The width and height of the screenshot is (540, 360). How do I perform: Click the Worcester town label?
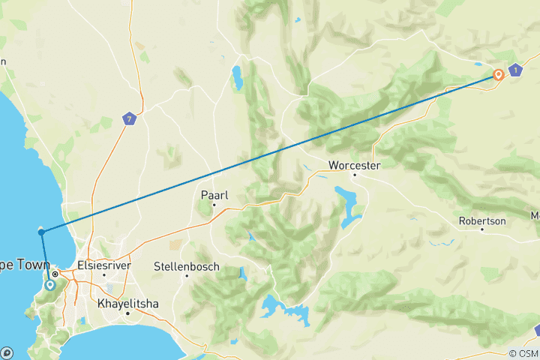coord(355,165)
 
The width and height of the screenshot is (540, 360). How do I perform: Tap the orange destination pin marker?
coord(498,74)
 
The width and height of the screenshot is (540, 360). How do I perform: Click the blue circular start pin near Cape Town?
coord(49,284)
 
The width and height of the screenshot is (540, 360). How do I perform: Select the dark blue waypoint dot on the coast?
coord(41,232)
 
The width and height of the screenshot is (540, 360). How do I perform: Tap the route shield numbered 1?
coord(515,70)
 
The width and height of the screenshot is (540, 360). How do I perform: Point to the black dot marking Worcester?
coord(355,175)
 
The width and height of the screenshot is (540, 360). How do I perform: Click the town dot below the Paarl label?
coord(214,204)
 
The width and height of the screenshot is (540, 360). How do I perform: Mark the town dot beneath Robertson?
coord(481,229)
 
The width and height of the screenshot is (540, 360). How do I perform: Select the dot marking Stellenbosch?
coord(187,275)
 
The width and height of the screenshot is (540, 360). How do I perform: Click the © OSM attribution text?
coord(523,353)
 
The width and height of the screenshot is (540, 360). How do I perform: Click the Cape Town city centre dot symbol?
coord(55,274)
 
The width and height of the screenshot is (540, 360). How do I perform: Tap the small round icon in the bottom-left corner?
coord(7,352)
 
